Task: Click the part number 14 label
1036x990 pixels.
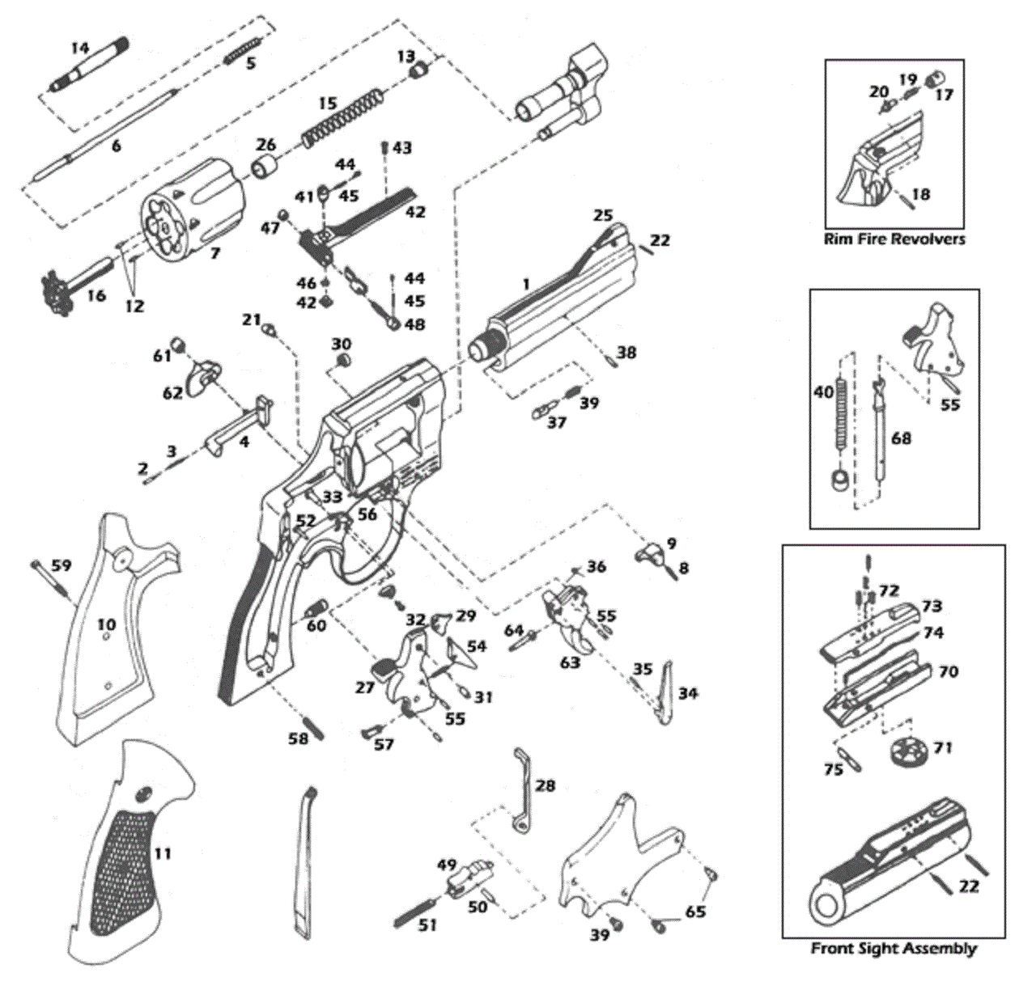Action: (79, 49)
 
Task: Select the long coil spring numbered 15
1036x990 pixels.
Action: (343, 119)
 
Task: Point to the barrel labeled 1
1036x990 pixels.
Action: (554, 298)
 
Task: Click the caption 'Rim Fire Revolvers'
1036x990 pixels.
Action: (894, 239)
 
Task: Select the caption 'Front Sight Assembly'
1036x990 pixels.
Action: (894, 963)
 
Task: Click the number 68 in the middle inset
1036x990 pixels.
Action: (901, 439)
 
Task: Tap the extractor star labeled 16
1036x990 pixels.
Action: (74, 286)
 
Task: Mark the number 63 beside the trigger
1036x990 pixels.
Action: (569, 662)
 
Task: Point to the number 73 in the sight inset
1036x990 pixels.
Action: (932, 606)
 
